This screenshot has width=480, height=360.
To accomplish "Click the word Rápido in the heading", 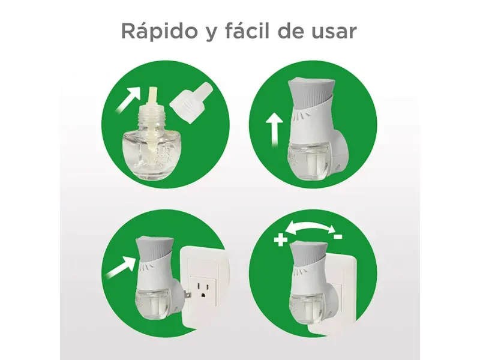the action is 158,31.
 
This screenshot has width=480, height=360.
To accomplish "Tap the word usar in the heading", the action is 334,32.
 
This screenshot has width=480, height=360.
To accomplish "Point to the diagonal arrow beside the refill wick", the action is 128,100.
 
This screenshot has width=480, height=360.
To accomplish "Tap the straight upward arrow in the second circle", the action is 274,130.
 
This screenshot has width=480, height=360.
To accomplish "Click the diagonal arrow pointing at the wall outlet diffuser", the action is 120,266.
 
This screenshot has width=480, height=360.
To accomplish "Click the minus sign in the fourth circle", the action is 338,236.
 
